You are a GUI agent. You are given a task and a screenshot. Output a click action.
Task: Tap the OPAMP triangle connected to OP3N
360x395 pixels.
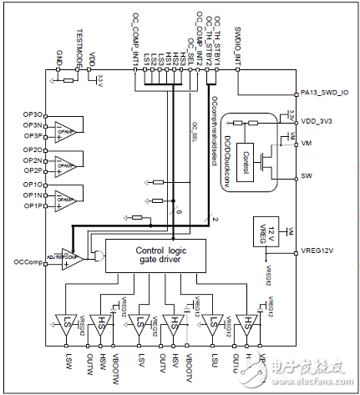64,130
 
